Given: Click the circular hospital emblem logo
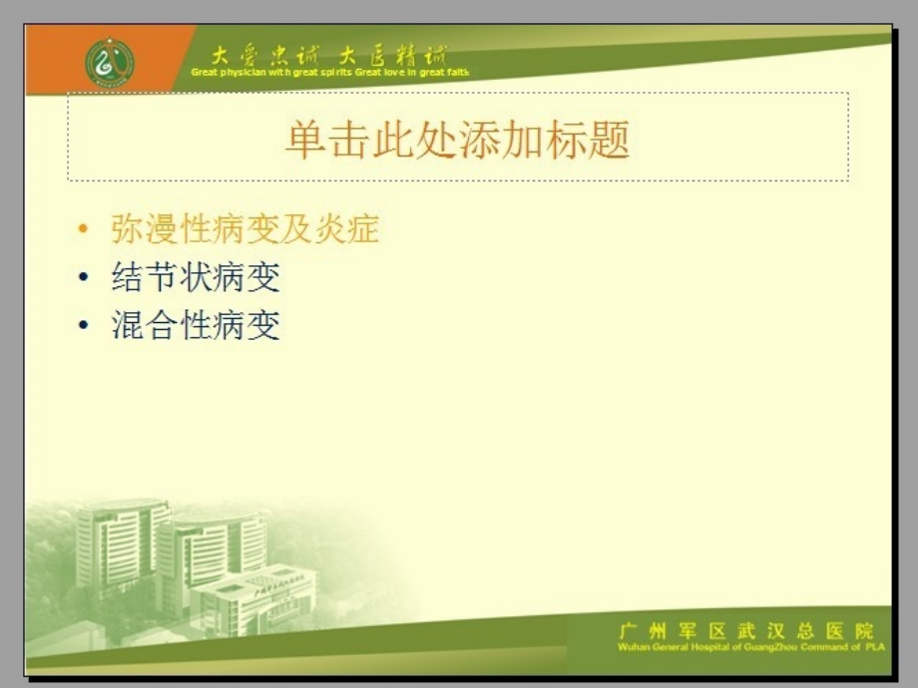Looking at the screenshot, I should [x=110, y=62].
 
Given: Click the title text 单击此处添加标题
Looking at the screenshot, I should [x=458, y=140].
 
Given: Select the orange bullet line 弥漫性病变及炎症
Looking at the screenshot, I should [x=244, y=229].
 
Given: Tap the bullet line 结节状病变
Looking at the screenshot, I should [x=196, y=277].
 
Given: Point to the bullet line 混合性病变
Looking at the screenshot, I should [x=196, y=325].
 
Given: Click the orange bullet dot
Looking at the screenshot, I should [x=83, y=230].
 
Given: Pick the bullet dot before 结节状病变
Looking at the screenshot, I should [x=83, y=278].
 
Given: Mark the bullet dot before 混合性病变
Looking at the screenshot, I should [x=83, y=326].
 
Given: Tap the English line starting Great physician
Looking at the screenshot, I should [x=329, y=73].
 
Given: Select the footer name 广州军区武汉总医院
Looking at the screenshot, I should [x=745, y=630].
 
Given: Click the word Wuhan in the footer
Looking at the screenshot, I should [x=635, y=647].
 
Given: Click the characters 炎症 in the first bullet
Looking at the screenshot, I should [x=353, y=229].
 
